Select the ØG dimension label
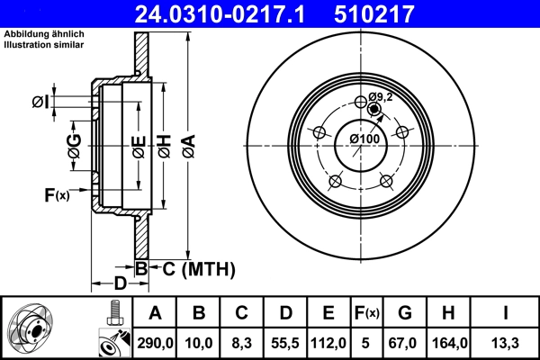click(x=74, y=147)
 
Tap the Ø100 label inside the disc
click(x=364, y=139)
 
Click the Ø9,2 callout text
click(x=382, y=97)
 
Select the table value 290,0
click(x=154, y=341)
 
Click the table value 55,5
click(x=285, y=341)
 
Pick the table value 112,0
click(x=329, y=341)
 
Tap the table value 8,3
click(x=241, y=341)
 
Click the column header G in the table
click(x=405, y=313)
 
